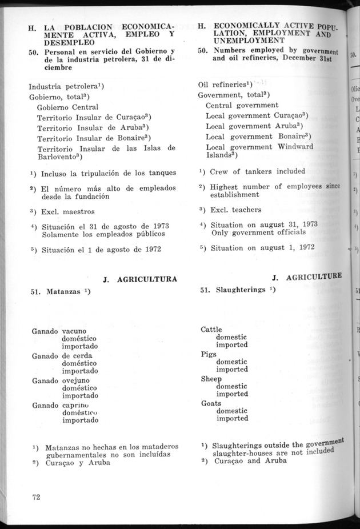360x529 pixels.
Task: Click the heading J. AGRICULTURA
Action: coord(139,279)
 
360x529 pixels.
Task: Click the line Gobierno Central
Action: coord(67,107)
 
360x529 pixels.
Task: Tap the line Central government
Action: coord(242,105)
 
